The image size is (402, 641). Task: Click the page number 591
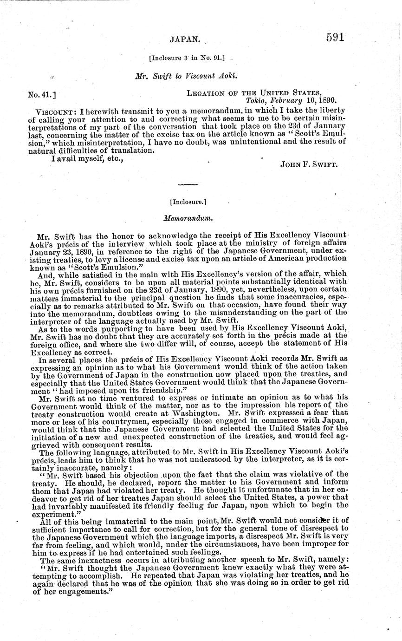pyautogui.click(x=336, y=38)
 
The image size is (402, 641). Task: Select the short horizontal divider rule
pyautogui.click(x=188, y=185)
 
